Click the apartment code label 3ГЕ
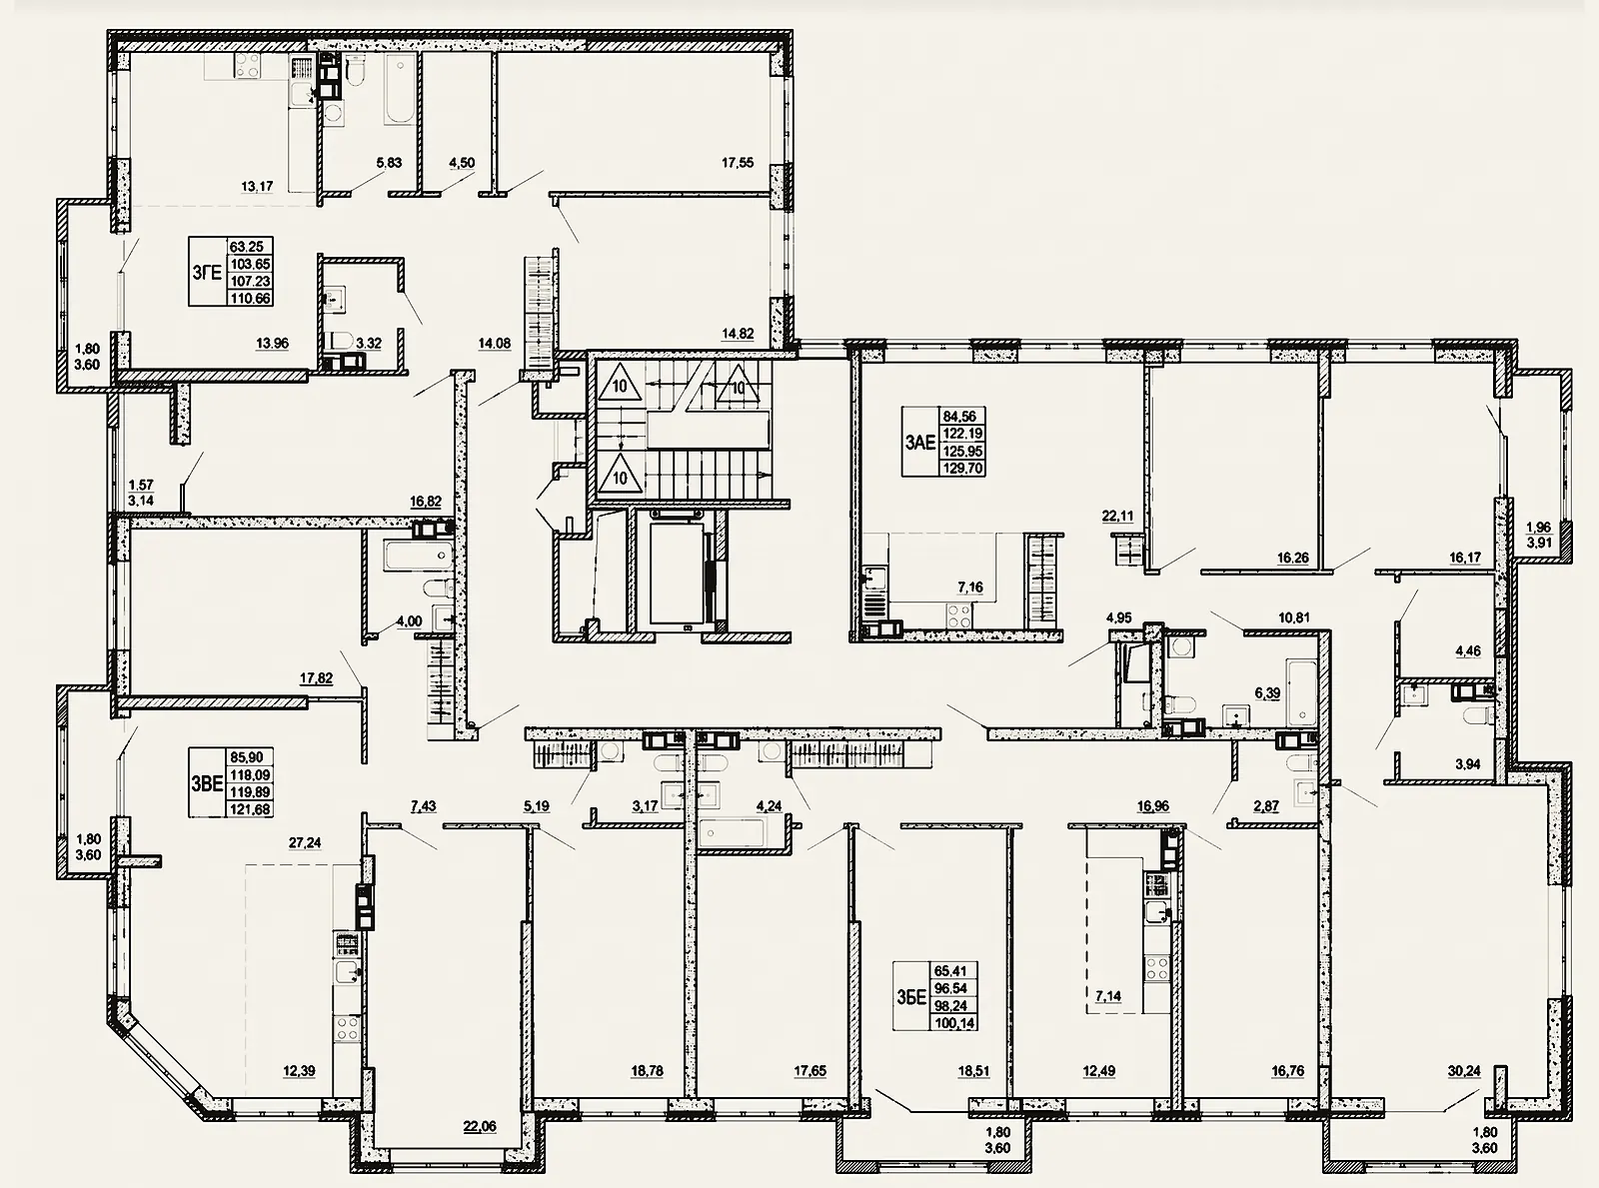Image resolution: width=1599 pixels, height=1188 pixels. tap(206, 273)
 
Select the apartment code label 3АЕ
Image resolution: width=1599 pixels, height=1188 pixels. tap(919, 442)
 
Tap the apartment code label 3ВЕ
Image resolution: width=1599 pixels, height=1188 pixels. tap(206, 783)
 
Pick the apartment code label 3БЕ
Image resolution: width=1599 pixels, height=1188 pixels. tap(911, 997)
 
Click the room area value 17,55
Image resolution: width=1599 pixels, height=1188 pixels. tap(738, 163)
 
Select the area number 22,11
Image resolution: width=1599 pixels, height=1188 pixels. tap(1118, 517)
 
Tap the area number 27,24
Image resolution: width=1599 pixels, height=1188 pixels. tap(305, 842)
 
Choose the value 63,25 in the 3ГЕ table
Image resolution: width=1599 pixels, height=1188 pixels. tap(247, 247)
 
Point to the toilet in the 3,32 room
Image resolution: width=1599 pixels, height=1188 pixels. tap(338, 341)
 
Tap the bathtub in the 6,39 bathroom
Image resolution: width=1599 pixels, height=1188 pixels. tap(1302, 691)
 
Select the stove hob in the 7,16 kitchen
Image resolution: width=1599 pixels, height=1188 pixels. tap(958, 614)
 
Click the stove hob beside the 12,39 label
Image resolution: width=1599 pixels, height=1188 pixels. tap(347, 1026)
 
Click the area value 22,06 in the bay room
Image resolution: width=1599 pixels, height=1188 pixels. tap(480, 1127)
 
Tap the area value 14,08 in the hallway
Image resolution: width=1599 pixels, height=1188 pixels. tap(495, 344)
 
